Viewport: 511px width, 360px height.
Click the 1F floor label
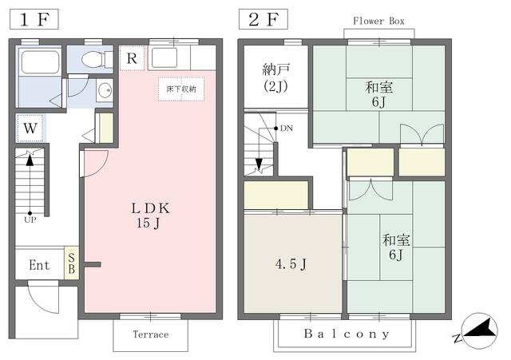[x=34, y=19]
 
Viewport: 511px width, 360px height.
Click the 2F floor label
[x=263, y=19]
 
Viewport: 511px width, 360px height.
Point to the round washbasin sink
[x=105, y=89]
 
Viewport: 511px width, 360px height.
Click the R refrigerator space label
[x=132, y=58]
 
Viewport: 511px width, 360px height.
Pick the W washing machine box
[x=30, y=129]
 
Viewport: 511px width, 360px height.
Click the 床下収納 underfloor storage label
[x=181, y=89]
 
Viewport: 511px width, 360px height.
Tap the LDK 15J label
[x=150, y=216]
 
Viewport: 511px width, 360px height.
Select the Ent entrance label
[x=39, y=265]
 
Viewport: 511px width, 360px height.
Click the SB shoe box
[x=71, y=263]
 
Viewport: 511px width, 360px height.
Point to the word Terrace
[x=151, y=334]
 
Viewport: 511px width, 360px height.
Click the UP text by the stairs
[x=30, y=220]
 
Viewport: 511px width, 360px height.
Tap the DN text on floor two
[x=287, y=129]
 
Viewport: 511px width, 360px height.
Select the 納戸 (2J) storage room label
[x=275, y=78]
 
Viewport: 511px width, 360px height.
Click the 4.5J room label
[x=291, y=264]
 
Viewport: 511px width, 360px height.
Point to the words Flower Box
[x=378, y=22]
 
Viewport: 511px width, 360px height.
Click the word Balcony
[x=347, y=334]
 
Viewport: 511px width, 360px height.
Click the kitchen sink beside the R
[x=164, y=57]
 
